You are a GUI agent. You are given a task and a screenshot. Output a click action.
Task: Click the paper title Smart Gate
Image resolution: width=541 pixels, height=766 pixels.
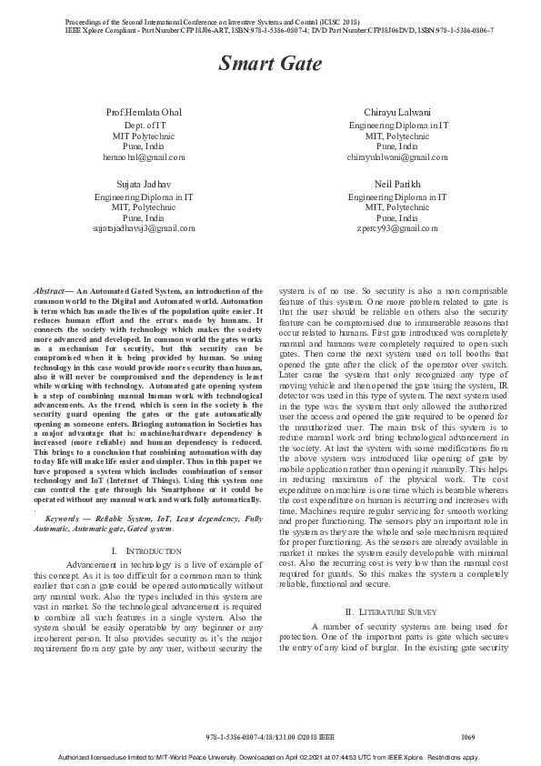pos(269,65)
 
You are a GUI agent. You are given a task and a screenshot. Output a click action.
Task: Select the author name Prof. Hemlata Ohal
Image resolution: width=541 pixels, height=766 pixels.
pos(143,111)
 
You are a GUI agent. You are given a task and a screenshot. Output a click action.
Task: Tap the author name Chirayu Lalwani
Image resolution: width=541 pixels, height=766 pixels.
pos(397,111)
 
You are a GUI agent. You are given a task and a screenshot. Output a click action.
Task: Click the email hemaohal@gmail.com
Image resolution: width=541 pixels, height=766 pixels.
pos(143,156)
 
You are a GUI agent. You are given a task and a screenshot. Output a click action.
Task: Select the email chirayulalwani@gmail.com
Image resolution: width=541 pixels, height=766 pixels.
pos(397,156)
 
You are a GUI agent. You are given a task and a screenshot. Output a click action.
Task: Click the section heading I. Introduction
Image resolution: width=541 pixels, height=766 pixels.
pos(143,551)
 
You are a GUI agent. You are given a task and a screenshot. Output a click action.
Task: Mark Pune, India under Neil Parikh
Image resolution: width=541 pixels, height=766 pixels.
pos(397,217)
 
